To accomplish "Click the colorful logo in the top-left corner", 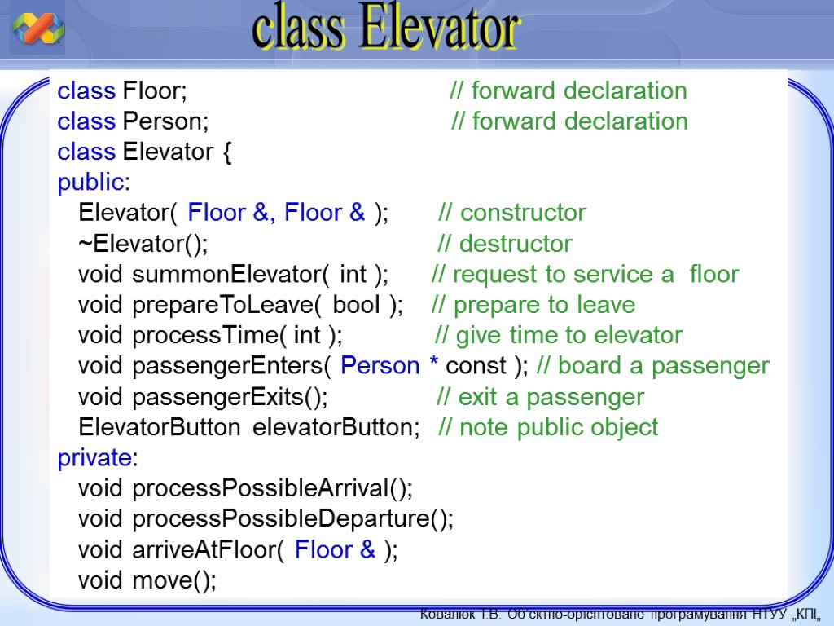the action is pyautogui.click(x=37, y=28).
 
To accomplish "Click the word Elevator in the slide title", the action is pyautogui.click(x=438, y=27).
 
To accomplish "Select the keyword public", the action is pyautogui.click(x=91, y=183).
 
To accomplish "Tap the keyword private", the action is pyautogui.click(x=94, y=458).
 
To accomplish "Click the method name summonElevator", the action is pyautogui.click(x=227, y=275).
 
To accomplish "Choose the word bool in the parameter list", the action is pyautogui.click(x=357, y=305).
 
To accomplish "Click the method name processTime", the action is pyautogui.click(x=205, y=336).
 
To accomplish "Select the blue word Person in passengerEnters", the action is pyautogui.click(x=380, y=366).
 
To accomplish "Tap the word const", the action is pyautogui.click(x=476, y=366).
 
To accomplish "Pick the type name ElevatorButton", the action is pyautogui.click(x=160, y=427).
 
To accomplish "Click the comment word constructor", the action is pyautogui.click(x=524, y=213).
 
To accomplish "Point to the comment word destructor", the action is pyautogui.click(x=516, y=244).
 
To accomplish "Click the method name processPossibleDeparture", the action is pyautogui.click(x=281, y=519).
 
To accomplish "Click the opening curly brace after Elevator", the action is pyautogui.click(x=227, y=152).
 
